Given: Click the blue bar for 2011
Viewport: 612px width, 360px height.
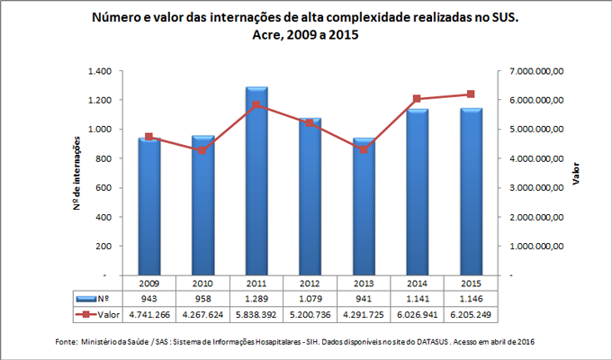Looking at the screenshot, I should (256, 180).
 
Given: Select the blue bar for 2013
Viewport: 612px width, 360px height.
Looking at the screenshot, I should (364, 206).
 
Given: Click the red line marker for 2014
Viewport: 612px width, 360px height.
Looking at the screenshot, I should (417, 99).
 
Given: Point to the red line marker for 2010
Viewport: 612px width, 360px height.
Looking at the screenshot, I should (203, 150).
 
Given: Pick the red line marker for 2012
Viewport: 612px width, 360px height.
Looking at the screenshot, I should (310, 122).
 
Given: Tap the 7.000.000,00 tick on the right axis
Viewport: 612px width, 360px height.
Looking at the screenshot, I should (536, 71).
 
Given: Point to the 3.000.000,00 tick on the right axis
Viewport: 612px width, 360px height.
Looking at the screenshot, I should (536, 187).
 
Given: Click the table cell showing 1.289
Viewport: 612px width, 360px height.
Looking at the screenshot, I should (256, 298).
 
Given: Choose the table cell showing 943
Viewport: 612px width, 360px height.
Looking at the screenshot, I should (149, 298).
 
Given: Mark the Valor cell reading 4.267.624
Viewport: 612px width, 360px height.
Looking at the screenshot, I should (203, 315).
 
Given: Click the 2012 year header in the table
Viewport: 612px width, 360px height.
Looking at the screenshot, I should (310, 281).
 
